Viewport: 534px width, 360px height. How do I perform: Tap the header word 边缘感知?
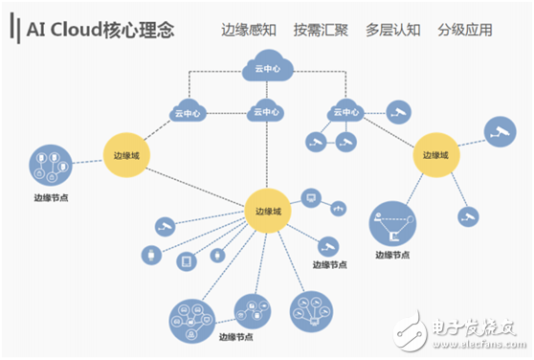tap(248, 30)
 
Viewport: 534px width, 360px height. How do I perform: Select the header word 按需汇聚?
tap(319, 30)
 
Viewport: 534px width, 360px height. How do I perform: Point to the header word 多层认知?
tap(391, 30)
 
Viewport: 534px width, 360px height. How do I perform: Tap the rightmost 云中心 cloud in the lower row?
tap(345, 112)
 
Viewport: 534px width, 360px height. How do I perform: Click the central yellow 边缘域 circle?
tap(268, 210)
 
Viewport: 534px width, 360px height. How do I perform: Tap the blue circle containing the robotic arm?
tap(392, 223)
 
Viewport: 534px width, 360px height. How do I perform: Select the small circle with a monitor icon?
tap(310, 198)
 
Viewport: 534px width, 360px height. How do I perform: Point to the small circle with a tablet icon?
tap(188, 258)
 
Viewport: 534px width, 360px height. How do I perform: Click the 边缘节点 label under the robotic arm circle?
tap(392, 256)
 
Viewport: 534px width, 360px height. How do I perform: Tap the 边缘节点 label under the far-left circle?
tap(50, 199)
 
